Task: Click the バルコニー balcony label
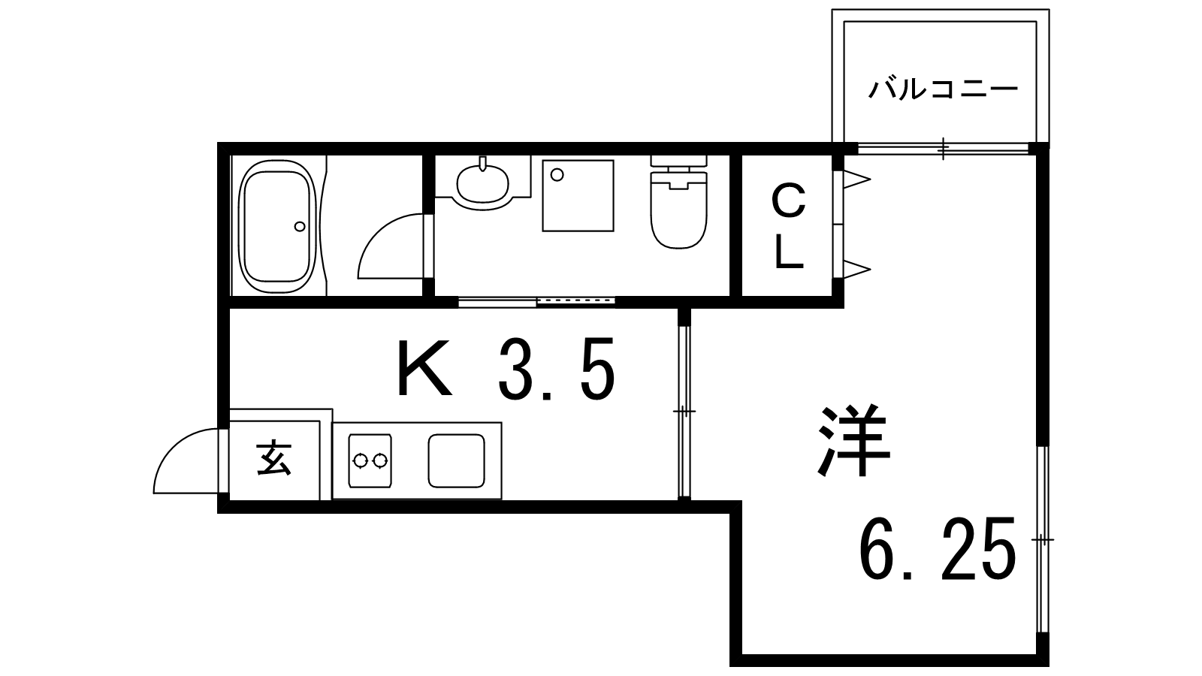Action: pos(943,90)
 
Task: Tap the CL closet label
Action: pos(789,228)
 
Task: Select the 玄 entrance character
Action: pos(274,459)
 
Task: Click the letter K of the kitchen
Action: pos(424,369)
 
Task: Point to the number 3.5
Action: pos(556,369)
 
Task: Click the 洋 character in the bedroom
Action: pos(854,444)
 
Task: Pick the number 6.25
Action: pos(938,548)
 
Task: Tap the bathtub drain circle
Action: pos(300,225)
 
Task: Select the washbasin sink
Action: pos(482,183)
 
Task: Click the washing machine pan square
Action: pos(578,195)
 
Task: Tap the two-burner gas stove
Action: pos(370,459)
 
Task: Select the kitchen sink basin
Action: pos(456,460)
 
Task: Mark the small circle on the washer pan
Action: pos(557,174)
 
